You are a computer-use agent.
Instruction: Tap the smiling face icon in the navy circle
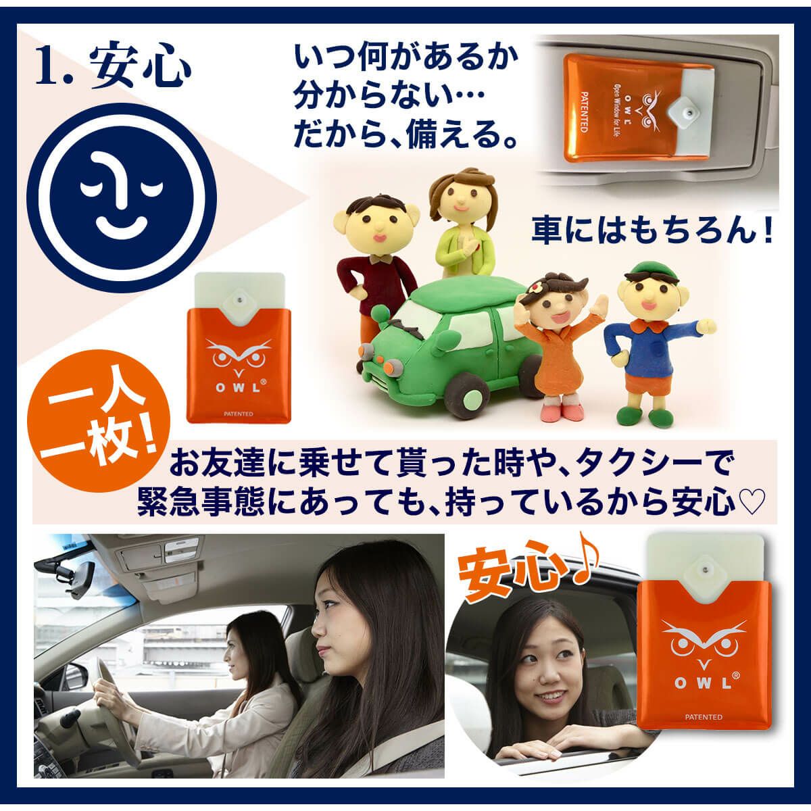pos(121,197)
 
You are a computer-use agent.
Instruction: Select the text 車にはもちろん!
pos(652,231)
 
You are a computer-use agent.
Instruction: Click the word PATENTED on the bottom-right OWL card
pos(704,717)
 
